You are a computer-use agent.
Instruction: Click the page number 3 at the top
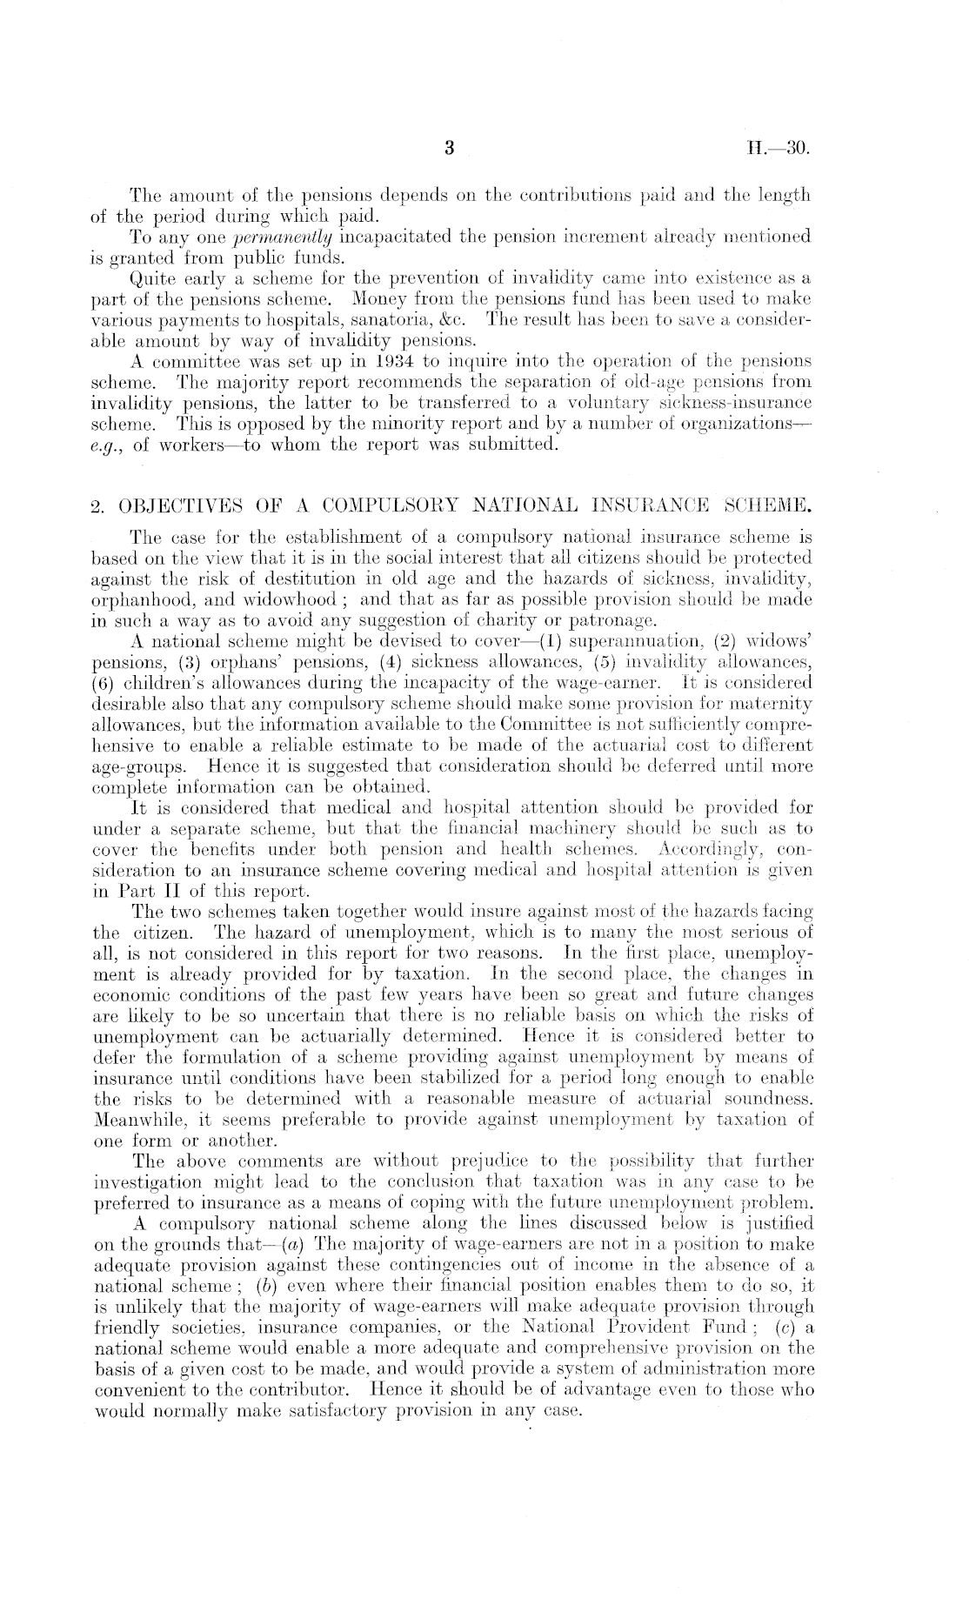tap(450, 148)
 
